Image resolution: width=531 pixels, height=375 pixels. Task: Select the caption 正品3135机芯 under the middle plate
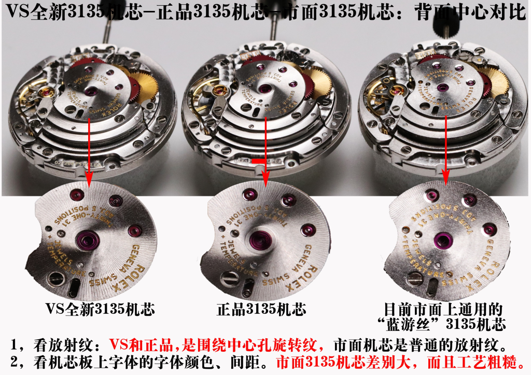point(261,309)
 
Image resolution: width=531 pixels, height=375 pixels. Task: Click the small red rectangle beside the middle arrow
point(258,162)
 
